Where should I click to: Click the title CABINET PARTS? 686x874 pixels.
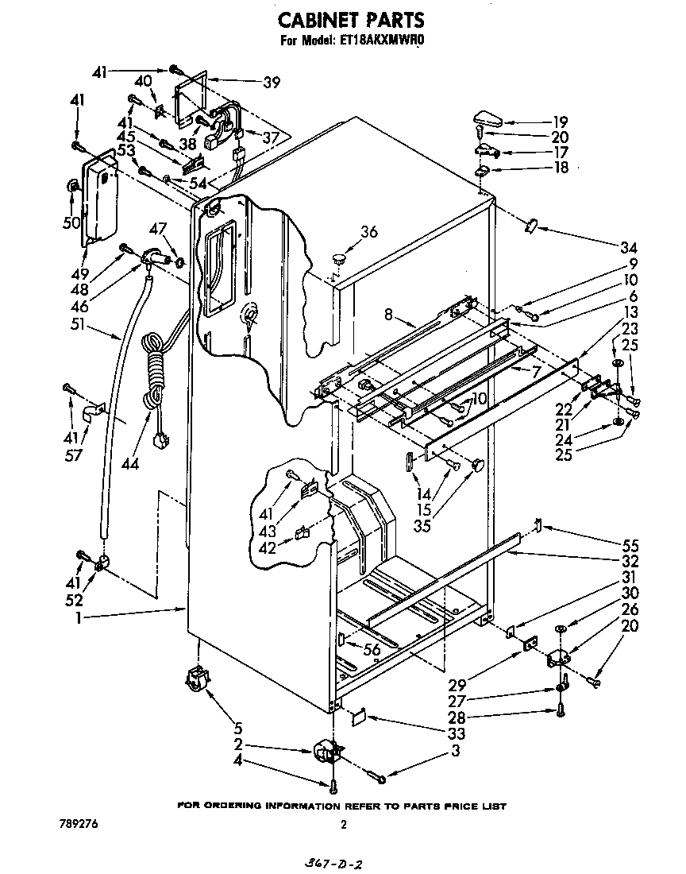343,19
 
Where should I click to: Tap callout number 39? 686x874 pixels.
272,82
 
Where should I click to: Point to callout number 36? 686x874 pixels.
368,233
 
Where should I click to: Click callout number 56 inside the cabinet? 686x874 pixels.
371,650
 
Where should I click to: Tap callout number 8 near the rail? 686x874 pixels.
387,316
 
